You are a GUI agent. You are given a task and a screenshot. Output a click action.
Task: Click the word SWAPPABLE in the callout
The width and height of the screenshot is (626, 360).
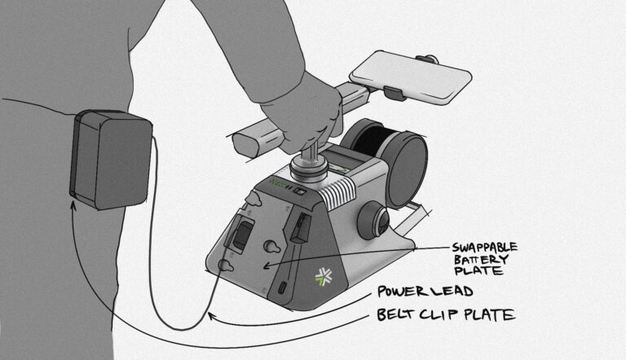coord(485,248)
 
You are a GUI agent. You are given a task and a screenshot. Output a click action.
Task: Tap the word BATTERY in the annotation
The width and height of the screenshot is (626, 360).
coord(481,260)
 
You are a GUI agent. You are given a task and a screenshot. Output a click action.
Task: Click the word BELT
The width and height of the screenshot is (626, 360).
coord(397,315)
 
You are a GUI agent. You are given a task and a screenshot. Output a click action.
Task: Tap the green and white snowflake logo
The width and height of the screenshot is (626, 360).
coord(324,277)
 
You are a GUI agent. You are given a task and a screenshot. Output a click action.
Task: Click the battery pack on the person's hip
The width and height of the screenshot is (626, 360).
coord(111,160)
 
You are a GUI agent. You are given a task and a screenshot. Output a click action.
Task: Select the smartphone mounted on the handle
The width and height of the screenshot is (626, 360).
coord(411,77)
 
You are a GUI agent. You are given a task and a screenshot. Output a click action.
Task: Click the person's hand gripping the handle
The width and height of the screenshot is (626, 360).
coord(307,114)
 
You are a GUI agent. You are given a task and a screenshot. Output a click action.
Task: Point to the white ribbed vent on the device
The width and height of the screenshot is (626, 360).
coord(338,192)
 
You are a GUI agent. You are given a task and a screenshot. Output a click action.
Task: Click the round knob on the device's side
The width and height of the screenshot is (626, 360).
coord(373,221)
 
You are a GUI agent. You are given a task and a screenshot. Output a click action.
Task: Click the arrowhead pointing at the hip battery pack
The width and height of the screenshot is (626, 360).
coord(73,205)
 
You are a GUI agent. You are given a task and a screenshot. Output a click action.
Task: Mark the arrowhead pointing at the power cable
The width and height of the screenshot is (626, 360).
coord(212,317)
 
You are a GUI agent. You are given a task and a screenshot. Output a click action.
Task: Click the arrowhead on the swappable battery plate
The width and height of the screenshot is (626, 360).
coord(267,266)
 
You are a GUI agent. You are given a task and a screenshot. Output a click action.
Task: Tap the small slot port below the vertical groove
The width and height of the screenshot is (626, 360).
coord(283,288)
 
